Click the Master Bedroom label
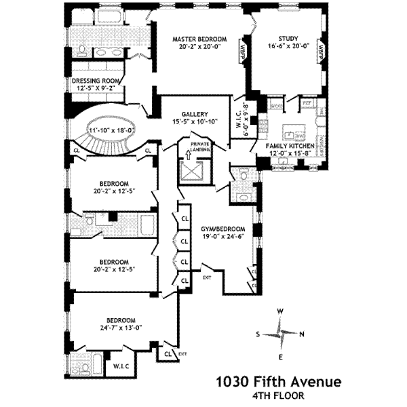199,39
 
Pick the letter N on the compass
302,334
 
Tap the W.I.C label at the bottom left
121,366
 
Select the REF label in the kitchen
307,103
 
